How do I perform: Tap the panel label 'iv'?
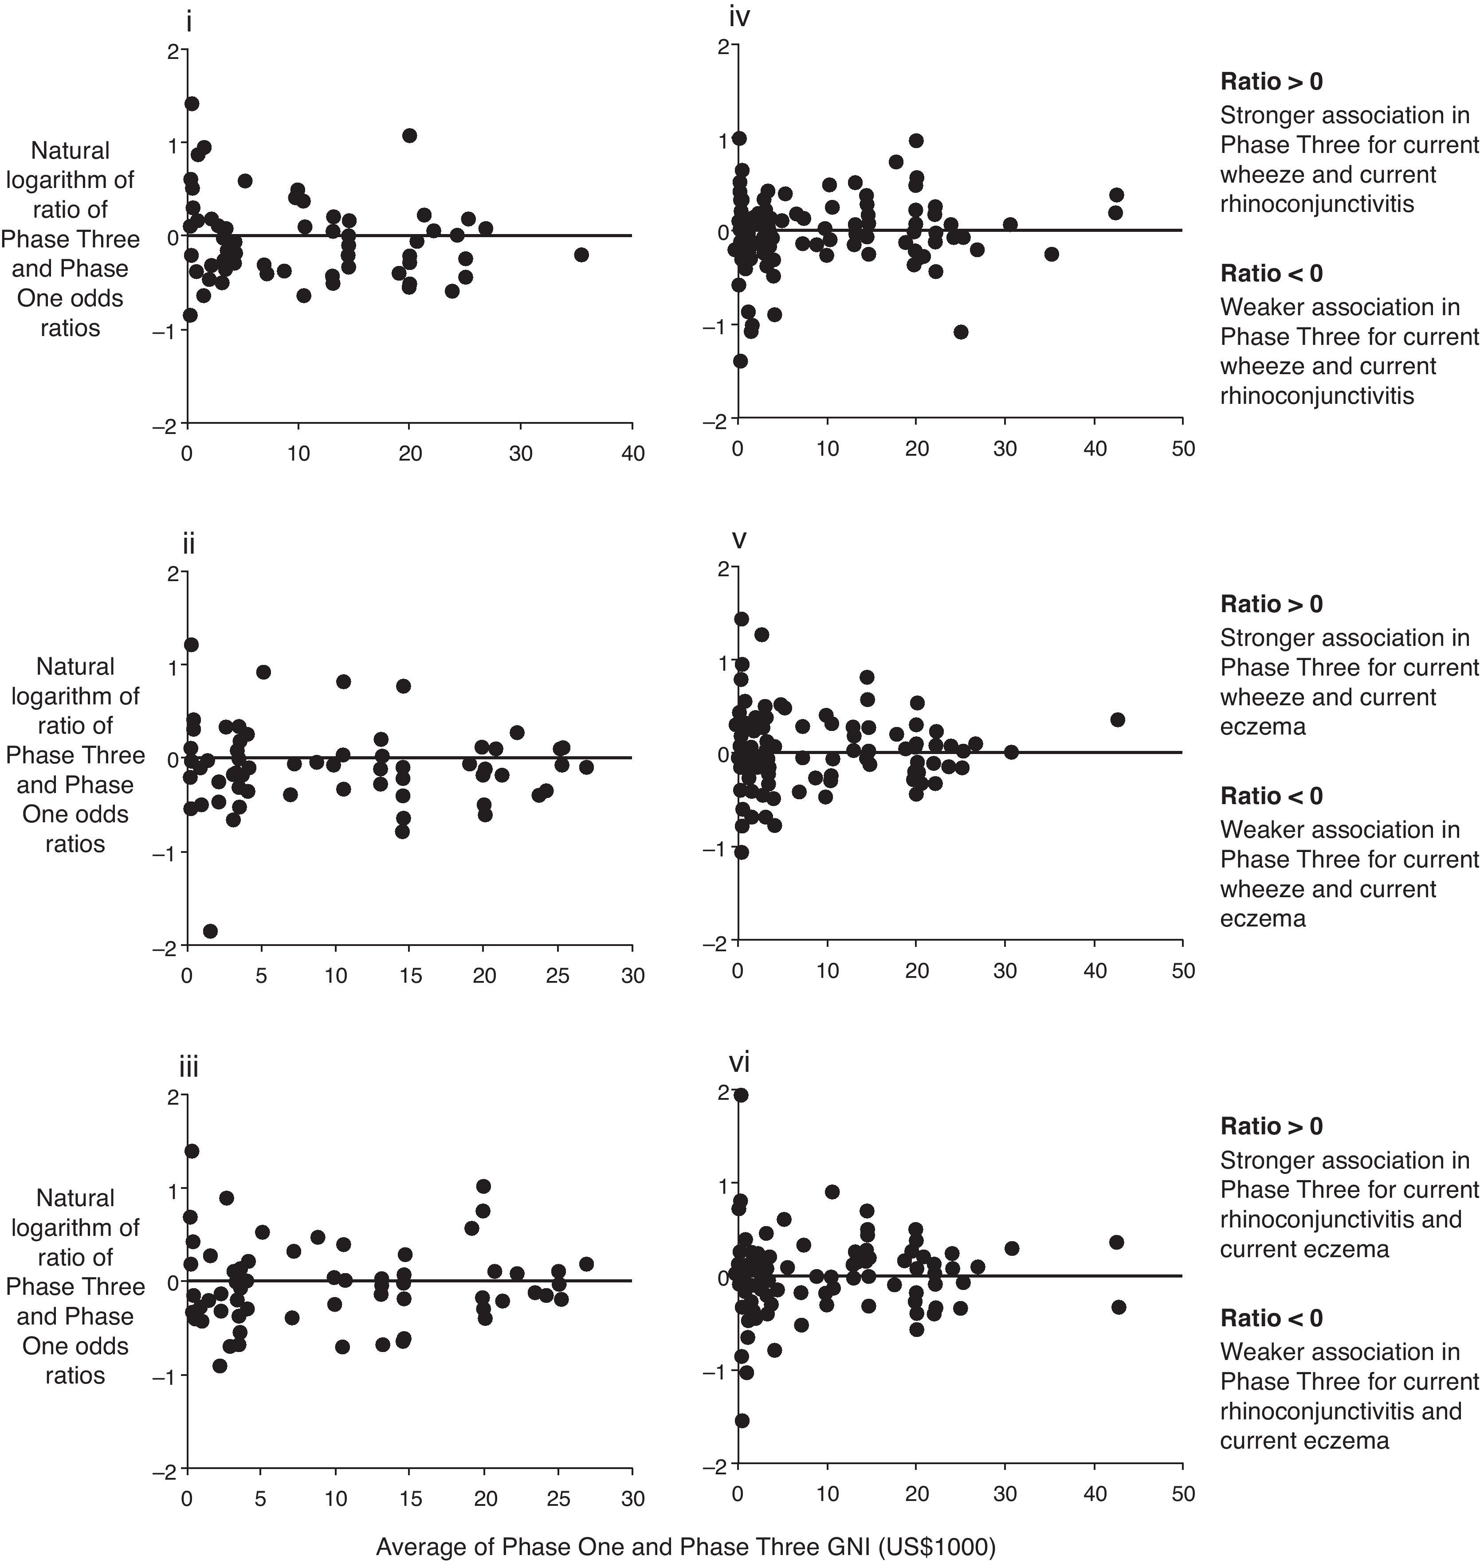tap(739, 16)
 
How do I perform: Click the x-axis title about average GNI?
tap(686, 1547)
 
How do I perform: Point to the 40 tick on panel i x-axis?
tap(633, 453)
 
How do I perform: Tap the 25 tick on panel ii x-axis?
tap(558, 976)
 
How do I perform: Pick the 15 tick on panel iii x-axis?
tap(410, 1497)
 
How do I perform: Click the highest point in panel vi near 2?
tap(741, 1094)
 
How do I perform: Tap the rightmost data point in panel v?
tap(1117, 719)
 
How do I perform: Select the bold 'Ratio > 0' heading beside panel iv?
tap(1271, 81)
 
